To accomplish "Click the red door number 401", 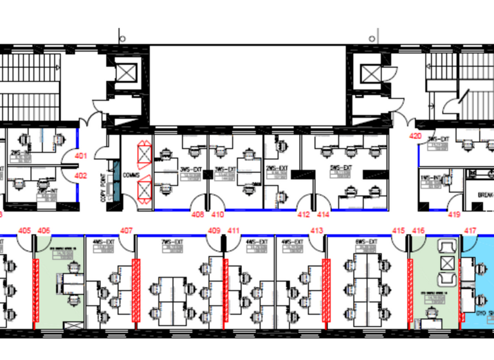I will coord(80,156).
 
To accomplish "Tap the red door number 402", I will coord(80,175).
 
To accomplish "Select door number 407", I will coord(127,230).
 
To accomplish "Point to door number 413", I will coord(316,230).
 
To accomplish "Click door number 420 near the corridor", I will coord(416,136).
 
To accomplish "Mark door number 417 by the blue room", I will coord(471,230).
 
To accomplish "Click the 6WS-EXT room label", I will coord(364,242).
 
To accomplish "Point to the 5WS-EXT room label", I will coord(341,169).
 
